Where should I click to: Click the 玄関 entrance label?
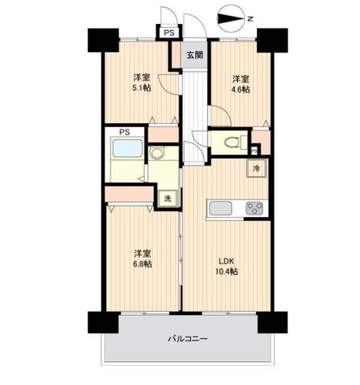(x=195, y=55)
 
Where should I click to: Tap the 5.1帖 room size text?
(x=142, y=88)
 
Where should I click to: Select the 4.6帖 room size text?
(x=241, y=89)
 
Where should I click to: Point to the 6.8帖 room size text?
(x=142, y=263)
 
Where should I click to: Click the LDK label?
(x=226, y=261)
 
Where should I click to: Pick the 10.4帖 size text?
(x=226, y=271)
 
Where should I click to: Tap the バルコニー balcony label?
(x=188, y=339)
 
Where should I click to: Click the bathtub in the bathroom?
(x=127, y=148)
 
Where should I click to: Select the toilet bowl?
(x=232, y=142)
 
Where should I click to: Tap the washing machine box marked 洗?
(x=168, y=199)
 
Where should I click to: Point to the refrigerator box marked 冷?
(x=257, y=169)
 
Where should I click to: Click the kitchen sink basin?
(x=221, y=208)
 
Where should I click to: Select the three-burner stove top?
(x=255, y=208)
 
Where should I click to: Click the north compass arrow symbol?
(x=231, y=18)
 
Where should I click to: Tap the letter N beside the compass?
(x=251, y=18)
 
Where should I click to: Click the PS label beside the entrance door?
(x=169, y=32)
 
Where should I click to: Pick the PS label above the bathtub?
(x=125, y=132)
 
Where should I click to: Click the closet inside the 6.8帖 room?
(x=129, y=194)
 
